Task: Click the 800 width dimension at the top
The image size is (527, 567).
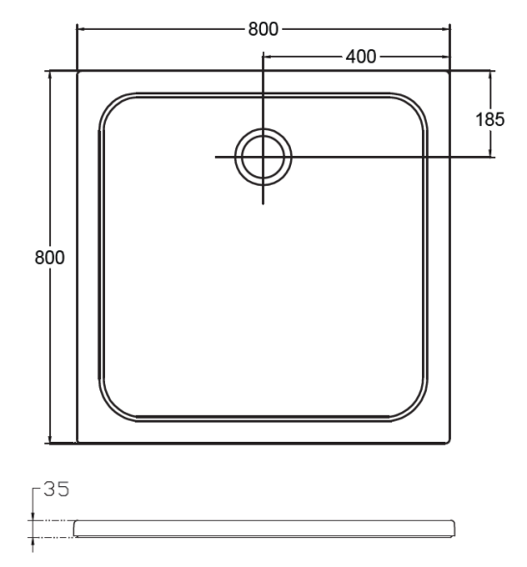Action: point(263,29)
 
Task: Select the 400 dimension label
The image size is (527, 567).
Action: point(361,57)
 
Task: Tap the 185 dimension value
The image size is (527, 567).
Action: point(489,119)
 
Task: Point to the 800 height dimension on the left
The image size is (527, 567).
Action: point(49,257)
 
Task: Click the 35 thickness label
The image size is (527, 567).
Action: point(56,489)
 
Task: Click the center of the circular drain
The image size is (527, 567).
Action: point(263,157)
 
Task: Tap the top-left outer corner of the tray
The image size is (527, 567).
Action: point(78,71)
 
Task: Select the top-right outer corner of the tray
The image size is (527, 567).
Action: point(450,71)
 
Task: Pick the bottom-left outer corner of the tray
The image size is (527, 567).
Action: point(78,442)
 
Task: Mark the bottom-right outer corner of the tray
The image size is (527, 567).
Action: point(450,442)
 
